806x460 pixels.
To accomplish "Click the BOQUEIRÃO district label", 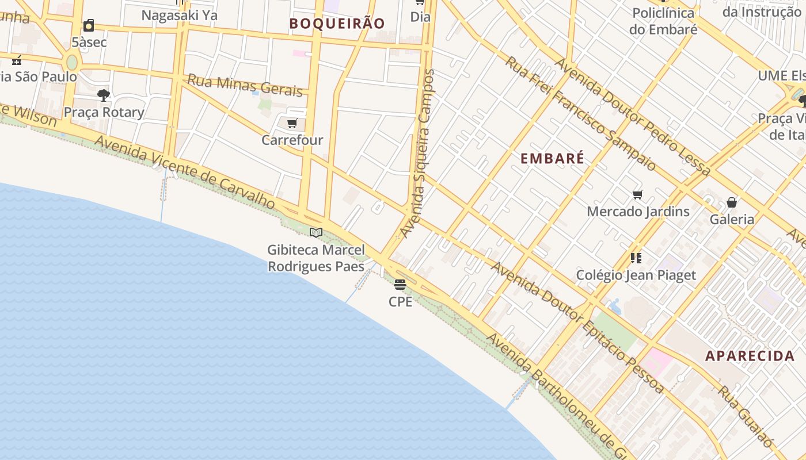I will [x=337, y=24].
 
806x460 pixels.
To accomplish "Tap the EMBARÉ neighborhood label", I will [x=552, y=159].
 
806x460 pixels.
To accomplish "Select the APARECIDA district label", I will [x=750, y=356].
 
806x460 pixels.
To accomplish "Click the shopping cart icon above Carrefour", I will [x=292, y=124].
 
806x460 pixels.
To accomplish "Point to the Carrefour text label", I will [x=292, y=140].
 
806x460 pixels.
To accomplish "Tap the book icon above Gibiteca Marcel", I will [x=316, y=232].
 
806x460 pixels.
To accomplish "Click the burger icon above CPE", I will [x=400, y=284].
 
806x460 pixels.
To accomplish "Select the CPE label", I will [x=400, y=301].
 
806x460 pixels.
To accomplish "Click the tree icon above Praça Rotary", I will [x=104, y=95].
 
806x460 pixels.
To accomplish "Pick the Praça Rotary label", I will [x=104, y=112].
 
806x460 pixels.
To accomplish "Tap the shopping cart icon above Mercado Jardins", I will [x=637, y=194].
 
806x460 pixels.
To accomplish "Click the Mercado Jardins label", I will [x=638, y=212].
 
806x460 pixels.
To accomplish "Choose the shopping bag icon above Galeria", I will [x=732, y=202].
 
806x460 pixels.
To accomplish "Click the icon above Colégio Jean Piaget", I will [x=636, y=258].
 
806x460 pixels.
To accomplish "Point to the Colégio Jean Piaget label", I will [x=636, y=275].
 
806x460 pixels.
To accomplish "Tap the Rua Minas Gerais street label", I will [x=245, y=85].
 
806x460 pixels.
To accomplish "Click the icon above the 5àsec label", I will [x=89, y=25].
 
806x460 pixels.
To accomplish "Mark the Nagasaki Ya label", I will [x=180, y=16].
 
